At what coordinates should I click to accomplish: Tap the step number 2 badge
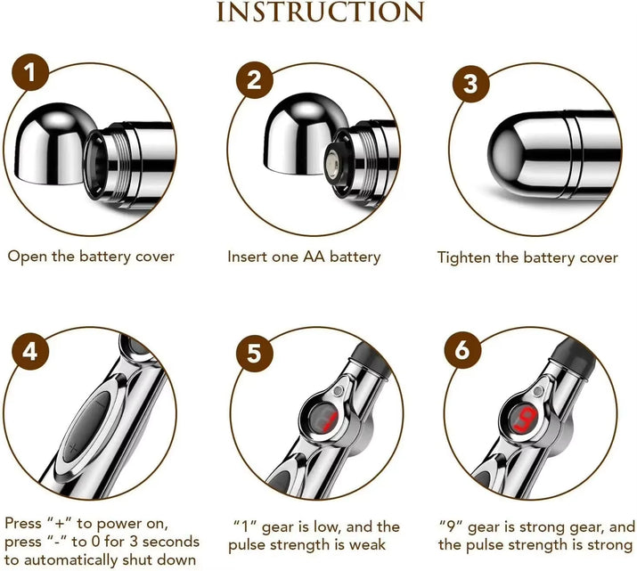tap(254, 80)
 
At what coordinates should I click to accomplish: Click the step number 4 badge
tap(30, 350)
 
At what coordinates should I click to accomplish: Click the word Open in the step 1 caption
tap(27, 257)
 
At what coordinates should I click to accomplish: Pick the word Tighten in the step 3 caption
tap(463, 257)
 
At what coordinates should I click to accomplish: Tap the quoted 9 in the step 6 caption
tap(449, 526)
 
